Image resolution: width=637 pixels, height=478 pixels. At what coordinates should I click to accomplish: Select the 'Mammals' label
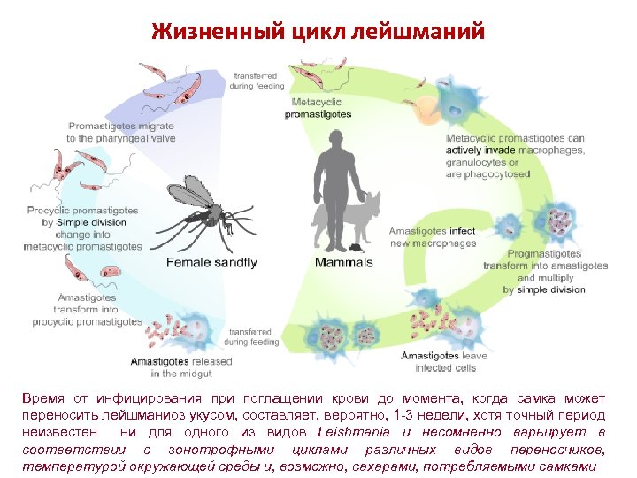344,262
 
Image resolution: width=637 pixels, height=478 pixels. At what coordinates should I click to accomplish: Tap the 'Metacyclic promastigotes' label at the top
320,108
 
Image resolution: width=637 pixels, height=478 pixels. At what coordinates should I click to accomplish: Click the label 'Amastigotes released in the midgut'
181,367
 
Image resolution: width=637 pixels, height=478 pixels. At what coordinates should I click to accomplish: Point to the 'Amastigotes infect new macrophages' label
433,237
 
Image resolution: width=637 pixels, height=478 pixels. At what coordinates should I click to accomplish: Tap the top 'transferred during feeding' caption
257,80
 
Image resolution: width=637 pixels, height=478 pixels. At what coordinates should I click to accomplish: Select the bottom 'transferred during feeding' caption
251,336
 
